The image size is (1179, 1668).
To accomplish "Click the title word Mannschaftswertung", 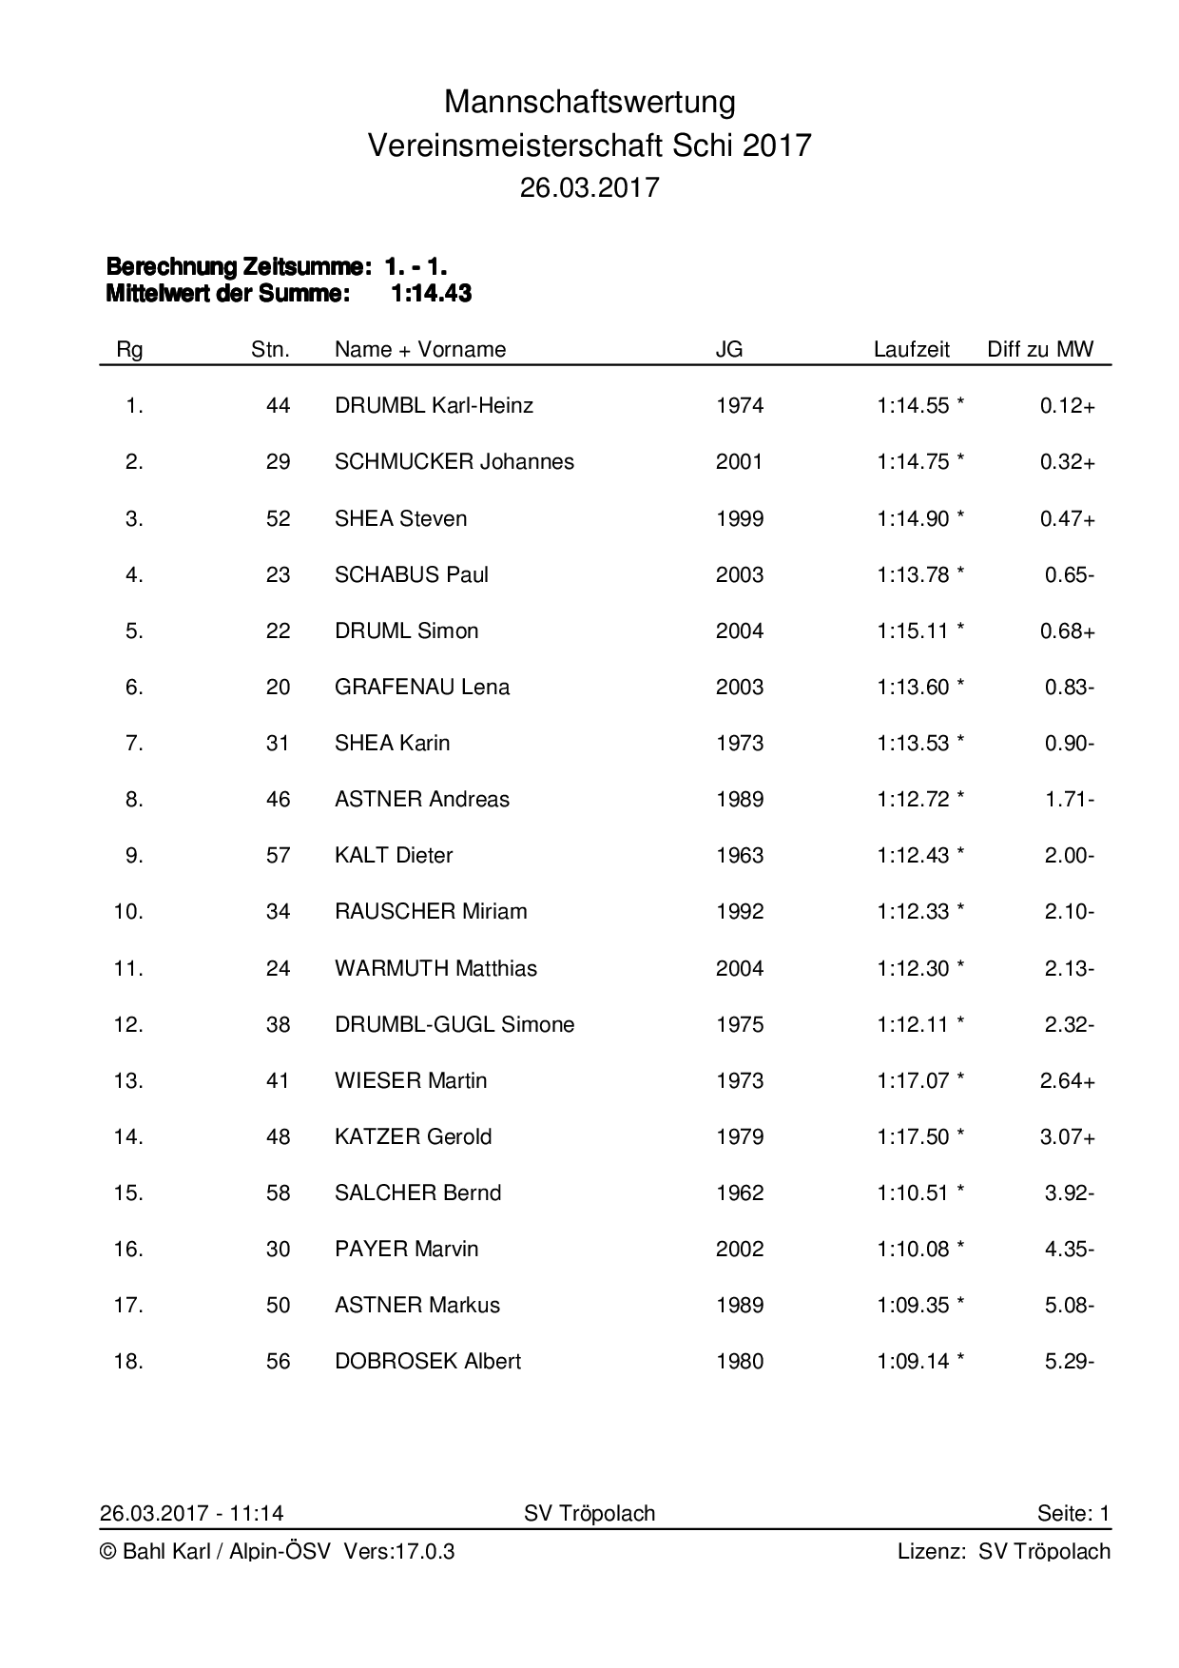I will tap(589, 102).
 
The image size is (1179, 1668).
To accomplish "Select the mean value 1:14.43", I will tap(431, 294).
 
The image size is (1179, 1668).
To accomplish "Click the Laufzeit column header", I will tap(911, 349).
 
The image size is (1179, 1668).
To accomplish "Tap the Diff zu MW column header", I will tap(1040, 349).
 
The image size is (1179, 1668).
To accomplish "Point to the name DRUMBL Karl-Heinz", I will tap(434, 406).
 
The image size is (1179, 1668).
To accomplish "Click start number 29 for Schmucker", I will tap(278, 462).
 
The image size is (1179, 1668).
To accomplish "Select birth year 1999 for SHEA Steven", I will tap(739, 518).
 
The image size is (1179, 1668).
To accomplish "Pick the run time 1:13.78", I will tap(913, 574).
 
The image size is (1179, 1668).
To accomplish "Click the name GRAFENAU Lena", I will tap(422, 687).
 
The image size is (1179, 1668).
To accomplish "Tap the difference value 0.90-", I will tap(1069, 743).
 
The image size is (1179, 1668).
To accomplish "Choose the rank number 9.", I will tap(134, 855).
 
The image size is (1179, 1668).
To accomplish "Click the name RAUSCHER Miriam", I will tap(431, 911).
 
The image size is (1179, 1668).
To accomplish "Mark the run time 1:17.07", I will tap(913, 1080).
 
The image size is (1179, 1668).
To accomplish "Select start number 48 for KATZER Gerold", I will tap(278, 1136).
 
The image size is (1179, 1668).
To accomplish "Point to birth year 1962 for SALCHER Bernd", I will tap(739, 1193).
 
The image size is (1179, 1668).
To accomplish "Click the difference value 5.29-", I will tap(1069, 1361).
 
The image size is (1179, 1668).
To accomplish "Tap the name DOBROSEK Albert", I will tap(428, 1361).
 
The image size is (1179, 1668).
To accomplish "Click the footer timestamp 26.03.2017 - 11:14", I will tap(191, 1513).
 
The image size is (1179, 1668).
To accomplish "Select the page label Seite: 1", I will tap(1073, 1513).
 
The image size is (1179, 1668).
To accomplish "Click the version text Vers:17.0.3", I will tap(399, 1552).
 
